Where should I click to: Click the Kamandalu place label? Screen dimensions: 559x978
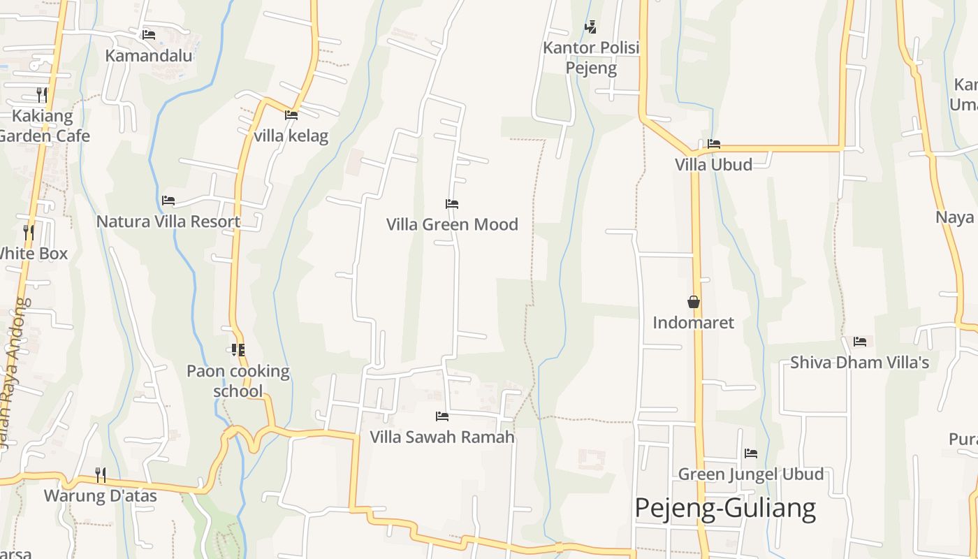(148, 55)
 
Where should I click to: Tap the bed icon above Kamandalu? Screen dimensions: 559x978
(148, 34)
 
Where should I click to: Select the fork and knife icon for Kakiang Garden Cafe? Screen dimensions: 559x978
(42, 94)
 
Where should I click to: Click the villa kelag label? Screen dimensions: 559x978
(291, 136)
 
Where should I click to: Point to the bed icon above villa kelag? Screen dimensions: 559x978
(291, 115)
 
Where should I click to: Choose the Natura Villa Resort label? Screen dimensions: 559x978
(168, 222)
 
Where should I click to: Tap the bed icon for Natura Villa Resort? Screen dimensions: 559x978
(168, 201)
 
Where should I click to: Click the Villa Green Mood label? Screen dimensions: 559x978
(452, 224)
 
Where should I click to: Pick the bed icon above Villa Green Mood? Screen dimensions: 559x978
(452, 204)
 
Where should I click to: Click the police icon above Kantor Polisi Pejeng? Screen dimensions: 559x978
(591, 27)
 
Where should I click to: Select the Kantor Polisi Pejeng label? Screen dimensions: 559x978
(591, 58)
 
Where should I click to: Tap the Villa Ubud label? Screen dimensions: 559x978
(713, 165)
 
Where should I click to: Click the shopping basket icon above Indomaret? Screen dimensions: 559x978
(694, 302)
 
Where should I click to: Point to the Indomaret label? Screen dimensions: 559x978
(694, 323)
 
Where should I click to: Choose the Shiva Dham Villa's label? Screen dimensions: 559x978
(859, 363)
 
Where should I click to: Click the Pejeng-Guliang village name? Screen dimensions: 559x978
(725, 509)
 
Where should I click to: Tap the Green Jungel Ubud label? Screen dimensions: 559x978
(751, 474)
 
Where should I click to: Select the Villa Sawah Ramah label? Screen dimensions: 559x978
(442, 437)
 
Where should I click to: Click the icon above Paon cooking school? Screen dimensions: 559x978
(238, 349)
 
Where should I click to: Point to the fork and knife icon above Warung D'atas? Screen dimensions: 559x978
(101, 475)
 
